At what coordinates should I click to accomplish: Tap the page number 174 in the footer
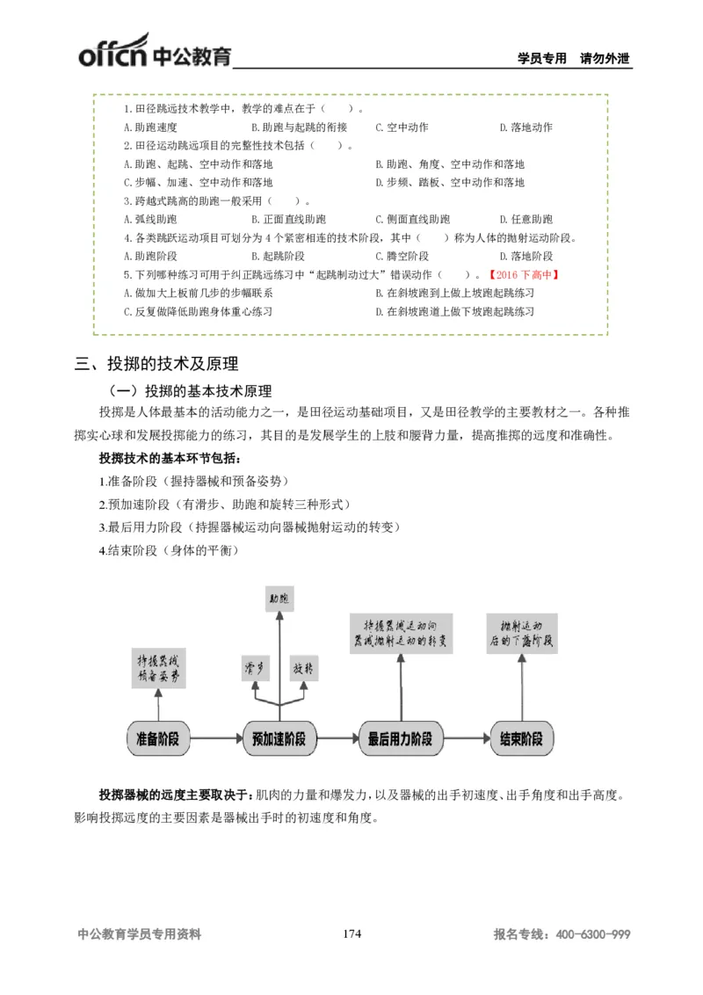click(351, 933)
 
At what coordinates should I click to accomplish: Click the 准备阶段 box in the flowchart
click(158, 738)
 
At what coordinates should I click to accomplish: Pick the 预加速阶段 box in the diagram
click(279, 738)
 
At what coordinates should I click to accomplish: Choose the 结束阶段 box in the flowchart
click(521, 738)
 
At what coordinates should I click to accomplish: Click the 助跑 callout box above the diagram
click(279, 599)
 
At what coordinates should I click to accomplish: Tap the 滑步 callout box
click(255, 668)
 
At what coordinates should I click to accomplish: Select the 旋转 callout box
click(304, 668)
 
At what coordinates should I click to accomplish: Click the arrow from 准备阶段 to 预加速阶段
click(216, 738)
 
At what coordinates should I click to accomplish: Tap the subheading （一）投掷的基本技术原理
click(189, 391)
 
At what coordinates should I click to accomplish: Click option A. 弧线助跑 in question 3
click(150, 220)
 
